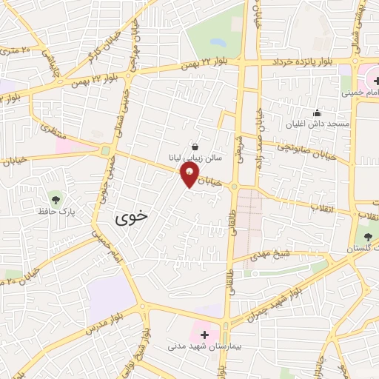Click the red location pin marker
[190, 175]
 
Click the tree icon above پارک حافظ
[54, 198]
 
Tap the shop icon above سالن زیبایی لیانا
[195, 147]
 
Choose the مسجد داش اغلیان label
[319, 124]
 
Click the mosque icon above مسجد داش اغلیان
[318, 113]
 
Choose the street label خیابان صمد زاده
[261, 141]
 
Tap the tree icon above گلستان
[368, 235]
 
